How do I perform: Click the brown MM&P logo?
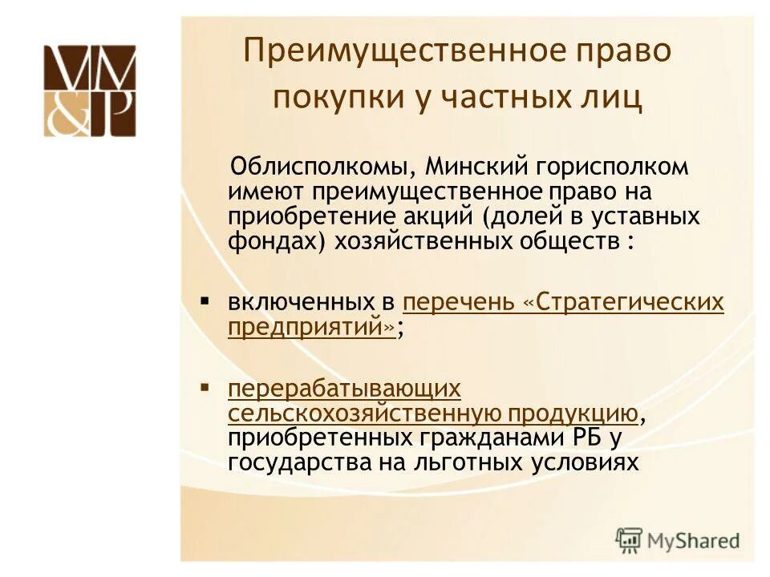point(90,91)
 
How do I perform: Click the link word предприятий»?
point(312,327)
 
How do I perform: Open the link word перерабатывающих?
point(345,389)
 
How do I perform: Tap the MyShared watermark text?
point(694,539)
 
